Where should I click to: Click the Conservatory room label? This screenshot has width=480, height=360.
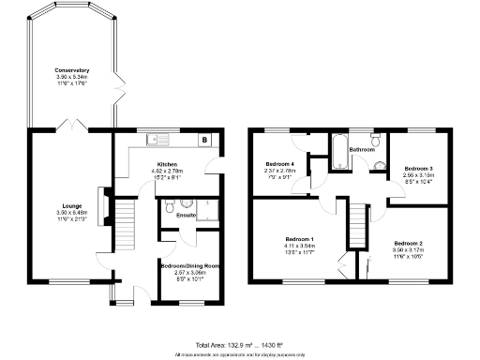[71, 70]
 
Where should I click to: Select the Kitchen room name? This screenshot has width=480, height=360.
[167, 164]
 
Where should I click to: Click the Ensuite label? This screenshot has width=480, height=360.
[186, 216]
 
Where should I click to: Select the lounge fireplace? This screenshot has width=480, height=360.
[105, 203]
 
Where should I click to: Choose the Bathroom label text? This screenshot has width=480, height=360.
[363, 150]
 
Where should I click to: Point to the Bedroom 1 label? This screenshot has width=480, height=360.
[299, 239]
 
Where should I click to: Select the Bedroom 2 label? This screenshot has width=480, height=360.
[408, 243]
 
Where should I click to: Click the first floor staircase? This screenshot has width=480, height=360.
[357, 225]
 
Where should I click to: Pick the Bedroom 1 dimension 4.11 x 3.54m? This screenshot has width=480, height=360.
[299, 246]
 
